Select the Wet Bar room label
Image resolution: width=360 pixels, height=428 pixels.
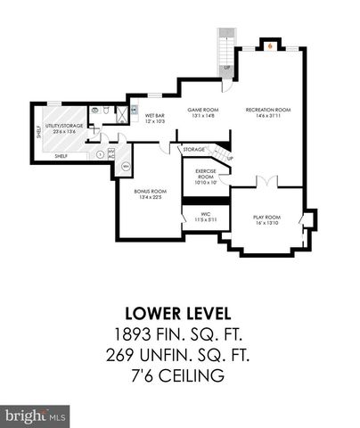154,117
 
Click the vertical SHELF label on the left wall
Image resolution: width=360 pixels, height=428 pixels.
37,132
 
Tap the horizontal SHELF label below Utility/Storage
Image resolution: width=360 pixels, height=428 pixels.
61,156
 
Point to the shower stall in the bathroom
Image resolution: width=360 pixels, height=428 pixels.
95,111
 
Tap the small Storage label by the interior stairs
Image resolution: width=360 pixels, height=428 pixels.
193,151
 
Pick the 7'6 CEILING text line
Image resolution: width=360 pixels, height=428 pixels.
178,376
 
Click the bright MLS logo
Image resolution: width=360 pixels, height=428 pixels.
36,416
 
